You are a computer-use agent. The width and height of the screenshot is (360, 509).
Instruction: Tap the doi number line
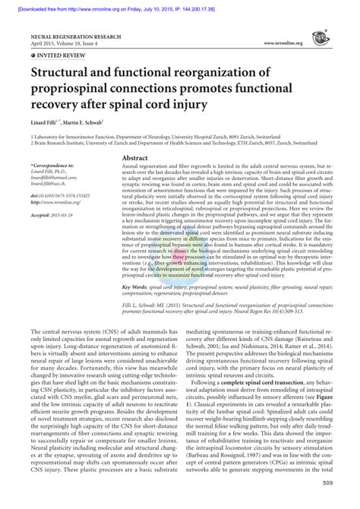pyautogui.click(x=59, y=196)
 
